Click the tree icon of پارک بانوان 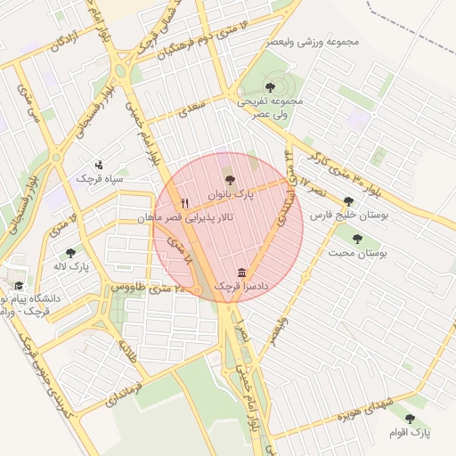pyautogui.click(x=230, y=180)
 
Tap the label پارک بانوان pyautogui.click(x=231, y=194)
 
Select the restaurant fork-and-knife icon pyautogui.click(x=185, y=203)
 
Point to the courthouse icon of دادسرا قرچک pyautogui.click(x=242, y=273)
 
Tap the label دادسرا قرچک pyautogui.click(x=242, y=287)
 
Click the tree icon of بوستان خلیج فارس pyautogui.click(x=348, y=201)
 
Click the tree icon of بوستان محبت pyautogui.click(x=357, y=239)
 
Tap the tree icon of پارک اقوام pyautogui.click(x=410, y=418)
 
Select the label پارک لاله pyautogui.click(x=71, y=267)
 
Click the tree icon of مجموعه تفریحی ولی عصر pyautogui.click(x=270, y=87)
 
